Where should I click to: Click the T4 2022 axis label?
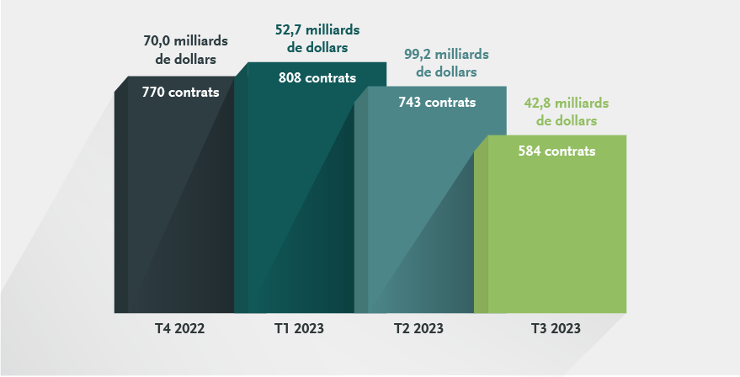[180, 328]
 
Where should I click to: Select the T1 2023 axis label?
[299, 328]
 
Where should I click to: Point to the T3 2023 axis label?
[556, 328]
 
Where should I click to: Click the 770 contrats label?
[180, 93]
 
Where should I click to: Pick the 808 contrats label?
[317, 78]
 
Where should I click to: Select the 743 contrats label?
[437, 103]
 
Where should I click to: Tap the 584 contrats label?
[556, 152]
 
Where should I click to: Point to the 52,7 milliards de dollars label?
[311, 39]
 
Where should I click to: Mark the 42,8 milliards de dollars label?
[566, 112]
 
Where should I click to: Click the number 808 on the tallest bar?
[291, 78]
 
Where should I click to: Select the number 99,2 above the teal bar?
[416, 56]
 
